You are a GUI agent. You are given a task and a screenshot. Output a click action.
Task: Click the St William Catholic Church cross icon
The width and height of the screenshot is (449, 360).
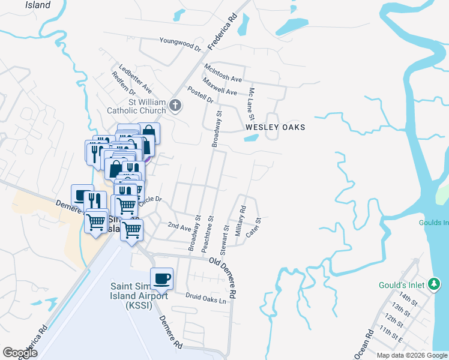[x=175, y=106]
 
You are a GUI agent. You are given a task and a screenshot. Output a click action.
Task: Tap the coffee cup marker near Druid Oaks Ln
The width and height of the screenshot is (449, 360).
[x=162, y=278]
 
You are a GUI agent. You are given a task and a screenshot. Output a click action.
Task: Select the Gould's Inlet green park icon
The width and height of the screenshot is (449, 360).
[x=434, y=285]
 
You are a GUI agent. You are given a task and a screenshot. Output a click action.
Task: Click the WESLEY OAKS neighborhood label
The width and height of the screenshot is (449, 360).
[x=276, y=127]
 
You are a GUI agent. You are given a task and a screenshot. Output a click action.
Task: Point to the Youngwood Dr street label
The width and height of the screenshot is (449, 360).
[x=180, y=43]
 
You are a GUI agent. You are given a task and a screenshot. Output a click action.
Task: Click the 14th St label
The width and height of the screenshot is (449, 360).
[x=408, y=298]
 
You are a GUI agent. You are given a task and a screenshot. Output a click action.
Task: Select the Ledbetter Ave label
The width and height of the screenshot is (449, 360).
[x=135, y=79]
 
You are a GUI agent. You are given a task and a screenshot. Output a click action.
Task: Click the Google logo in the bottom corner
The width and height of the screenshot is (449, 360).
[x=20, y=353]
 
